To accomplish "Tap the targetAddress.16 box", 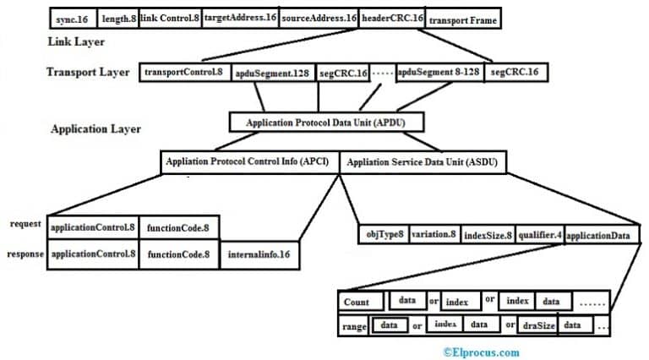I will pos(241,18).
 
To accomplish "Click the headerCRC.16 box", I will pos(392,18).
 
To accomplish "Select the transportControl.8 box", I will pos(183,73).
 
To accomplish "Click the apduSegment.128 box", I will pos(272,74).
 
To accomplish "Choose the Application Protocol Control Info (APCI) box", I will pos(249,161).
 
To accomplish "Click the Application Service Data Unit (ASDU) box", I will pos(423,161).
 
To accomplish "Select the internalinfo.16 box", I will pos(259,254).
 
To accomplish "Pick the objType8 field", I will pos(384,234).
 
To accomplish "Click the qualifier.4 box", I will pos(538,234).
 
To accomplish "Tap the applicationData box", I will pos(597,234).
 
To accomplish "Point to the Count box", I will pos(358,301).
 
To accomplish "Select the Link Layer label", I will pos(73,41).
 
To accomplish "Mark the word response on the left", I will pos(25,252).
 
